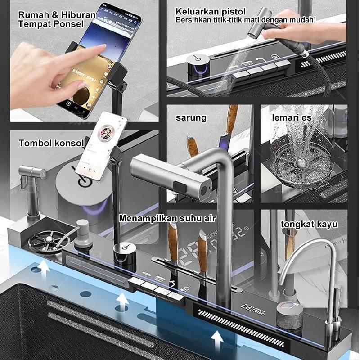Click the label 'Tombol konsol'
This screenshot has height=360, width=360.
click(x=51, y=144)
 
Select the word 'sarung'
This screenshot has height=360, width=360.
click(x=191, y=118)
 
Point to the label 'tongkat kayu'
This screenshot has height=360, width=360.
click(x=309, y=224)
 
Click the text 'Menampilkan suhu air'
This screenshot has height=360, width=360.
click(x=167, y=219)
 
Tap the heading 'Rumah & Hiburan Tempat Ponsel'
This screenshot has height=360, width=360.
click(x=56, y=19)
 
